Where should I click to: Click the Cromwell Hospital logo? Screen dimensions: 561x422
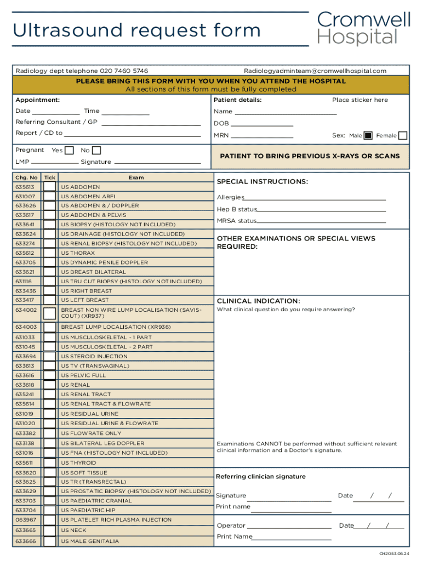(363, 28)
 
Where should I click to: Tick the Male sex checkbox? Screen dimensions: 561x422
(368, 135)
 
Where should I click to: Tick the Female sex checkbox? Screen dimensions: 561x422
(403, 135)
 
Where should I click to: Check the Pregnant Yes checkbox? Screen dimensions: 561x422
(69, 150)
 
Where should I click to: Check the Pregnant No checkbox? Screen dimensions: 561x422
(96, 150)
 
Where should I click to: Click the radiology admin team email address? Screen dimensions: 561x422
(315, 71)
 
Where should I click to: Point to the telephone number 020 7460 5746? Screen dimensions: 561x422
(123, 71)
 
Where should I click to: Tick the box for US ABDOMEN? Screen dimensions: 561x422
(49, 187)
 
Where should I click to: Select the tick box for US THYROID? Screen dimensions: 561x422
(49, 463)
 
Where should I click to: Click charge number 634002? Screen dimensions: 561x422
(26, 310)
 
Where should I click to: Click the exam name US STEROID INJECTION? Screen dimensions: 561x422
(94, 356)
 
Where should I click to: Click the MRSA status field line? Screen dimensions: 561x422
(321, 222)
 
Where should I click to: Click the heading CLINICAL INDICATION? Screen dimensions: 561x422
(258, 301)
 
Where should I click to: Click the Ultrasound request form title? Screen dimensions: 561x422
(137, 30)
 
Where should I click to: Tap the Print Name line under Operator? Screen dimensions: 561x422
(292, 539)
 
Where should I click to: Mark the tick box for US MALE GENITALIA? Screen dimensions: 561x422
(49, 541)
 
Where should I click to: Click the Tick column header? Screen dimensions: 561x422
(49, 178)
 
